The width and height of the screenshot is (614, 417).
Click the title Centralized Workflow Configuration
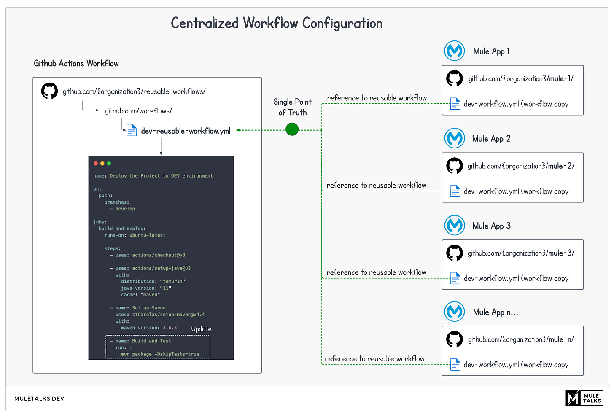pyautogui.click(x=277, y=23)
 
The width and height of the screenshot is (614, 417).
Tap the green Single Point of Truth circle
pyautogui.click(x=292, y=129)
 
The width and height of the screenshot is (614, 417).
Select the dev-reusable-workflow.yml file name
pyautogui.click(x=186, y=131)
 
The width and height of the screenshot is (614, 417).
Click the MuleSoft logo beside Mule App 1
pyautogui.click(x=455, y=51)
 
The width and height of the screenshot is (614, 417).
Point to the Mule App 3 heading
pyautogui.click(x=491, y=226)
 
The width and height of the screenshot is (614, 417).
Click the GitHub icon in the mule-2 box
pyautogui.click(x=455, y=166)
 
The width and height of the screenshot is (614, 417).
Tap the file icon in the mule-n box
pyautogui.click(x=455, y=364)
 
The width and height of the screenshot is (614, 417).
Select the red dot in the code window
pyautogui.click(x=96, y=164)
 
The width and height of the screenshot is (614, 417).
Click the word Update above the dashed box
pyautogui.click(x=201, y=329)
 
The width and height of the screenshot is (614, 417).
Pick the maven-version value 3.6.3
pyautogui.click(x=170, y=328)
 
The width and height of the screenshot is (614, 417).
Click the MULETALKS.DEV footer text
pyautogui.click(x=39, y=398)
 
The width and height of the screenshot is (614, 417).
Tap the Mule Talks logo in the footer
pyautogui.click(x=584, y=398)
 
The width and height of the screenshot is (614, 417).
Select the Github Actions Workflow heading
pyautogui.click(x=76, y=64)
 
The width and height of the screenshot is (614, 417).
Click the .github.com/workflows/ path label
pyautogui.click(x=137, y=111)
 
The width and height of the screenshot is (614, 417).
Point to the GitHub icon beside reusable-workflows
pyautogui.click(x=49, y=91)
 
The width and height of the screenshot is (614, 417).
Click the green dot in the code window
pyautogui.click(x=109, y=164)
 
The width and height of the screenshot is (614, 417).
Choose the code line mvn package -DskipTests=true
pyautogui.click(x=160, y=354)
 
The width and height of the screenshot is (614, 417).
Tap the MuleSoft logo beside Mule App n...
pyautogui.click(x=455, y=312)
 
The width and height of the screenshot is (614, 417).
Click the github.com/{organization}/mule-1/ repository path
pyautogui.click(x=521, y=79)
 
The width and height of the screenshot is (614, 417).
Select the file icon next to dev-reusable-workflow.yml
pyautogui.click(x=132, y=130)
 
